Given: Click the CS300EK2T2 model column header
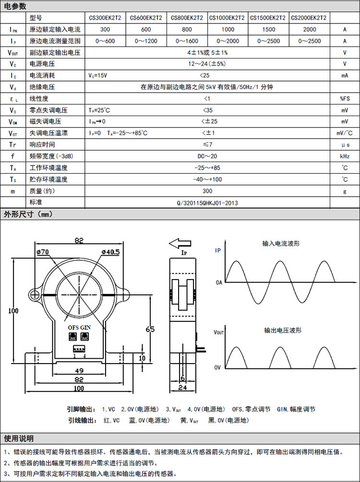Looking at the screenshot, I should tap(105, 18).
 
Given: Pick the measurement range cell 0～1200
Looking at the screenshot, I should tap(146, 41).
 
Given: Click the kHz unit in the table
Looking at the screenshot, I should tap(344, 156).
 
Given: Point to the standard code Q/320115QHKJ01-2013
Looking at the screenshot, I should tap(207, 203).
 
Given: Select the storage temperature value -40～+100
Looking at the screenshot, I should tap(207, 179).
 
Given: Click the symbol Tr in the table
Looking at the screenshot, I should tap(13, 145).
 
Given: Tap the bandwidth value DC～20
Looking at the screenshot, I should tap(207, 156).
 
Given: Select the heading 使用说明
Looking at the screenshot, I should tap(19, 438).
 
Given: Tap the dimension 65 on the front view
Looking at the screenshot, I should tap(150, 329).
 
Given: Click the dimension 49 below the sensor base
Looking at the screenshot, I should tap(79, 370).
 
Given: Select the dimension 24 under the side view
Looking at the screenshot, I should tap(182, 388).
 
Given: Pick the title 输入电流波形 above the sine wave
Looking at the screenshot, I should tap(281, 244).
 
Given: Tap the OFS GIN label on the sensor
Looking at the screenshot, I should tap(79, 327).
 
